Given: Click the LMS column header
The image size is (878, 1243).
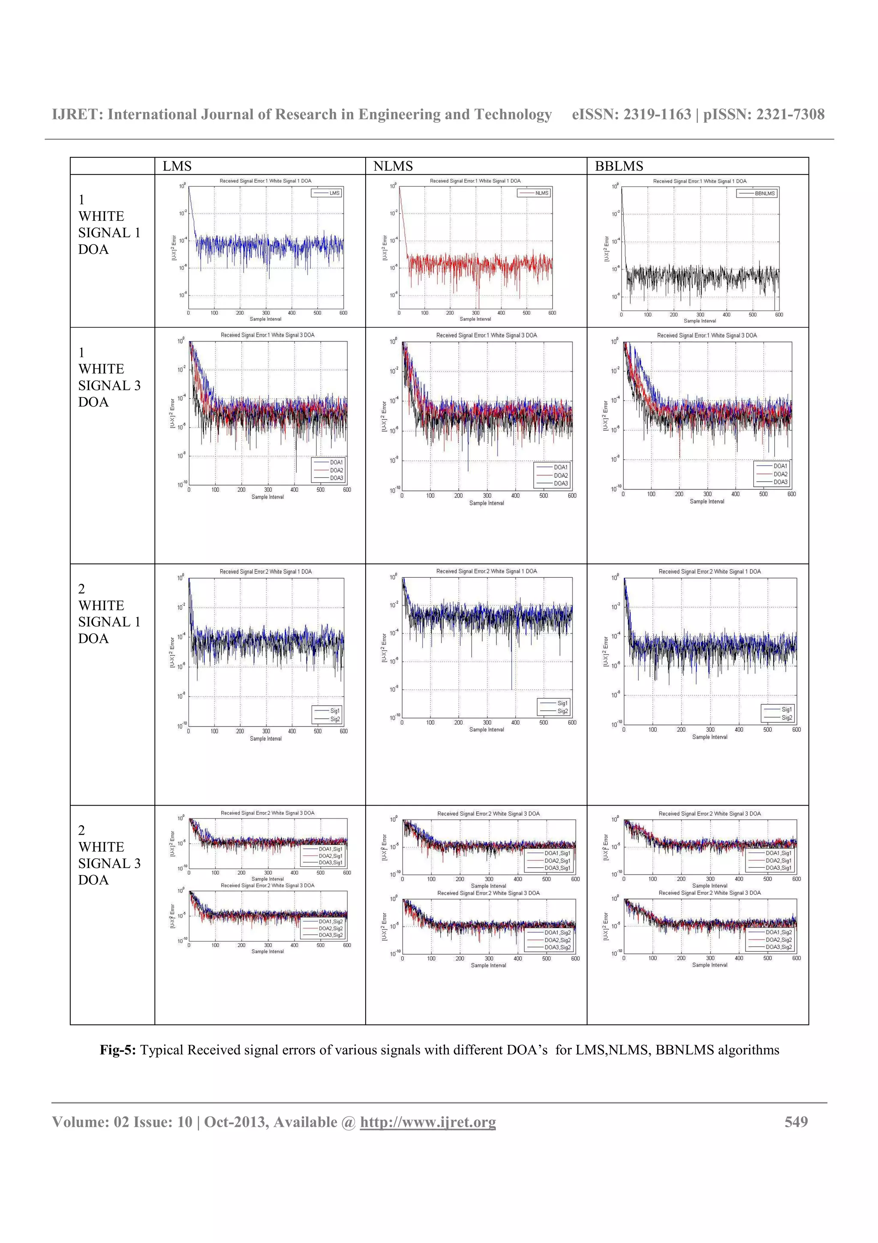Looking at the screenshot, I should pyautogui.click(x=177, y=166).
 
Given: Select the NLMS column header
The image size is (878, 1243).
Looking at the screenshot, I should pyautogui.click(x=393, y=166).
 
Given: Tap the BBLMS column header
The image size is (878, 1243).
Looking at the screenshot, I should pyautogui.click(x=619, y=166).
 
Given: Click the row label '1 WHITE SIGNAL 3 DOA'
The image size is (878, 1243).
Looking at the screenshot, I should pyautogui.click(x=109, y=377).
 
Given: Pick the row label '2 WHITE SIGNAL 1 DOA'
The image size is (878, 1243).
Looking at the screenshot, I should pyautogui.click(x=109, y=613).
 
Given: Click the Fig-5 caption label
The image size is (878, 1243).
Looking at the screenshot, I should pyautogui.click(x=117, y=1050).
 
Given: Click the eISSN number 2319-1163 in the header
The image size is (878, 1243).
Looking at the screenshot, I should pyautogui.click(x=657, y=114).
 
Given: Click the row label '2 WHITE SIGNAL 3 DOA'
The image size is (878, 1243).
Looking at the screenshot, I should pyautogui.click(x=109, y=855).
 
